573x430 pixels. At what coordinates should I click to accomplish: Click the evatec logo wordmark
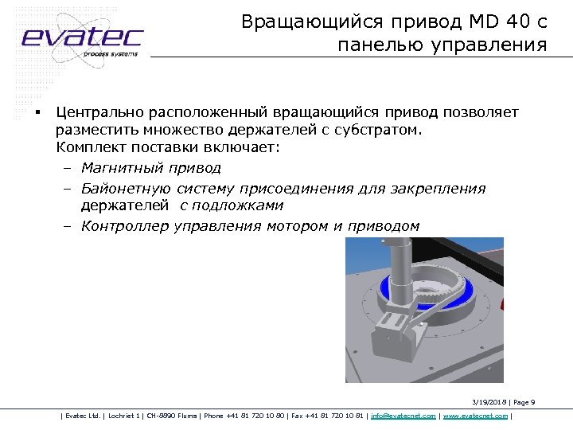[82, 37]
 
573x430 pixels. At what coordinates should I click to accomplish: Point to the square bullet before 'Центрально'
[37, 111]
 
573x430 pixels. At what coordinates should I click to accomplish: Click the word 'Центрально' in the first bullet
[104, 112]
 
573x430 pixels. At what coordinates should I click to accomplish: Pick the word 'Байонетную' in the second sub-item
[126, 189]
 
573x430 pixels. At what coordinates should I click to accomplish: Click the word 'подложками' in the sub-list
[243, 206]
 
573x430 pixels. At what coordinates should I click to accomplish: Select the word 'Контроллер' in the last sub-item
[126, 226]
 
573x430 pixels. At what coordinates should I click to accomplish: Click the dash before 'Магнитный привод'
[66, 168]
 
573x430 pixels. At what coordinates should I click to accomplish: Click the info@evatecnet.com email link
[403, 416]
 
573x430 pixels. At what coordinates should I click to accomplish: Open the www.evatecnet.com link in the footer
[474, 416]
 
